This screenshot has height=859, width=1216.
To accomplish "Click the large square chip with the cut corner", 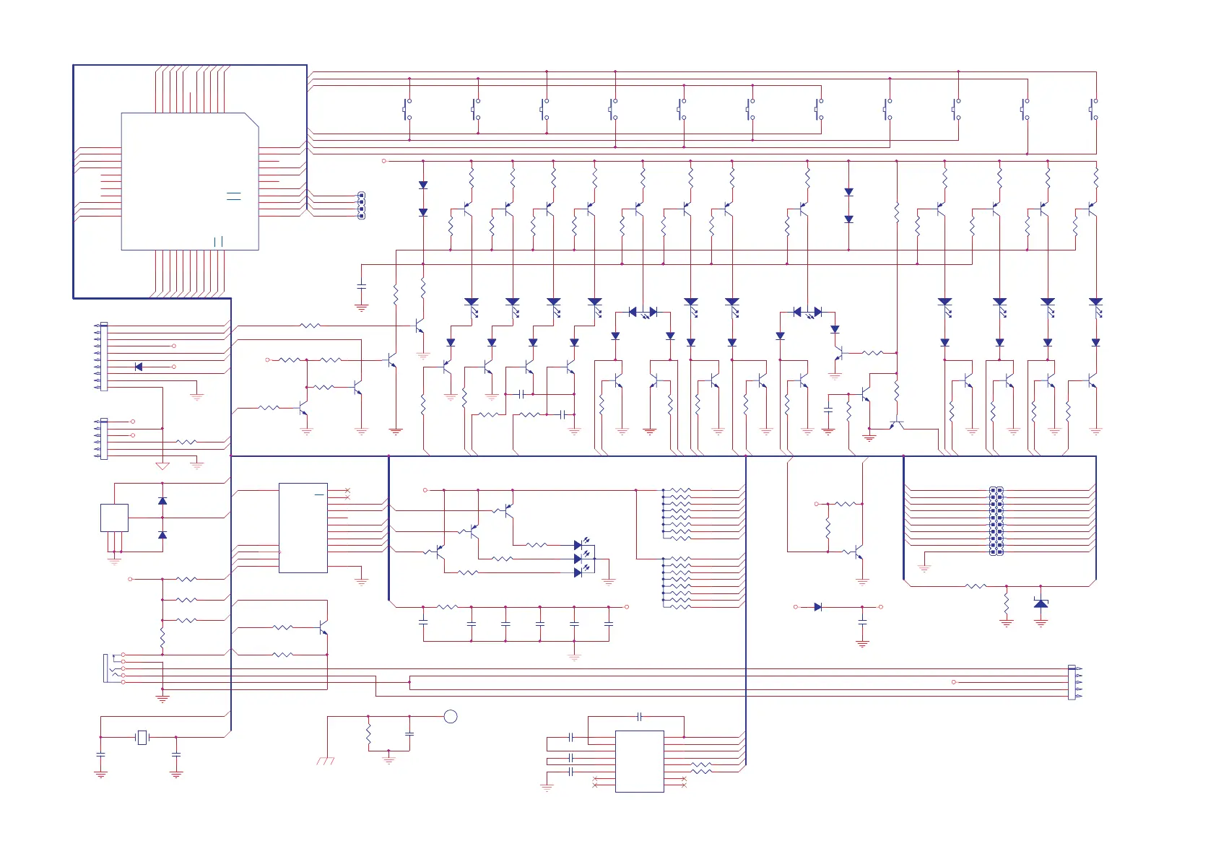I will (190, 181).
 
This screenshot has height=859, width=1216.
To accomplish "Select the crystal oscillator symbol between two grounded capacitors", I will (142, 737).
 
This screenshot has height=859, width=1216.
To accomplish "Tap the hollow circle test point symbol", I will (451, 716).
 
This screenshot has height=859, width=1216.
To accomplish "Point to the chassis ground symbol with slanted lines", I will (326, 761).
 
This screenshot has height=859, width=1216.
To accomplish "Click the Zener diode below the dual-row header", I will (1041, 603).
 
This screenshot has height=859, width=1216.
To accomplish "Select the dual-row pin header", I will (996, 520).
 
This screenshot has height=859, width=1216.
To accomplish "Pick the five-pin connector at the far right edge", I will (1072, 682).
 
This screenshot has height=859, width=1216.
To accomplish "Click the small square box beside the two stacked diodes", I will (114, 518).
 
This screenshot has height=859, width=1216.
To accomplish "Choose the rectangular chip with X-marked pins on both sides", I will (639, 761).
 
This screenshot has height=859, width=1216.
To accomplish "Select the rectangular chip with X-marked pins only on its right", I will (303, 528).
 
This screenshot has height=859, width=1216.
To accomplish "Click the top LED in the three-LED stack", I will (578, 545).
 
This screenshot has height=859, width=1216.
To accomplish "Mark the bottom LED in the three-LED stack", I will (578, 572).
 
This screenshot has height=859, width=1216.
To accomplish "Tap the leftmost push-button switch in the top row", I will (407, 110).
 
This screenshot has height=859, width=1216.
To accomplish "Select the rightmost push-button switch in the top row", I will (1093, 110).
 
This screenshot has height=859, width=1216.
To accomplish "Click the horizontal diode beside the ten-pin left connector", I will (139, 367).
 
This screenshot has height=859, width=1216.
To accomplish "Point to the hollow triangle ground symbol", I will (162, 466).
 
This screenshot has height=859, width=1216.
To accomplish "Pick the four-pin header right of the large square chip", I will (362, 206).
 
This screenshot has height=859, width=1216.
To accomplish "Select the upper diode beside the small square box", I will (162, 501).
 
